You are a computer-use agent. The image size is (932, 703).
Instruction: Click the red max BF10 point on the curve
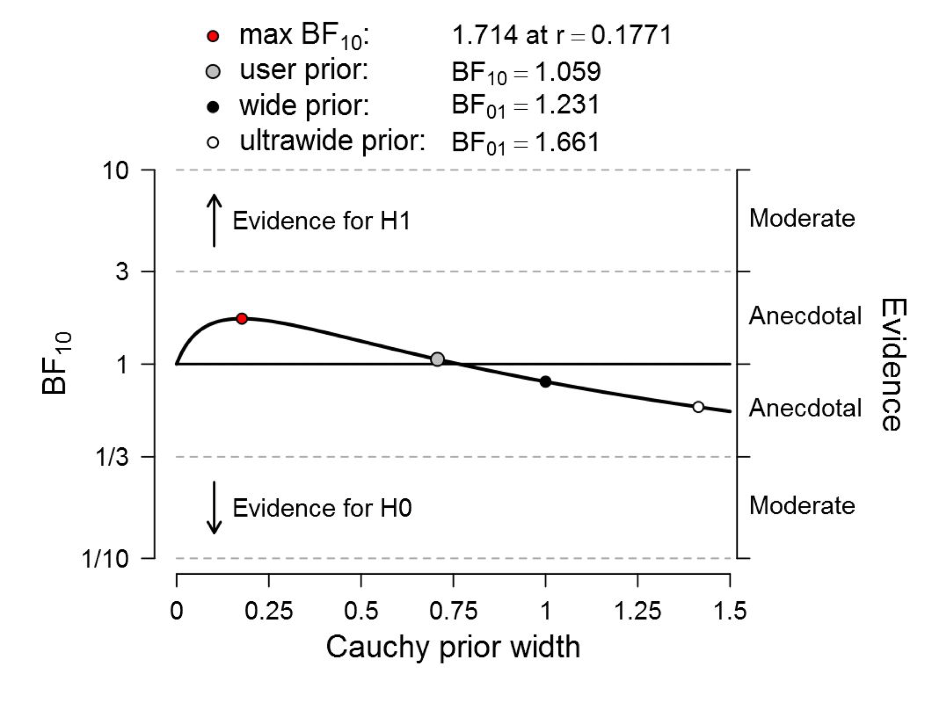[x=241, y=319]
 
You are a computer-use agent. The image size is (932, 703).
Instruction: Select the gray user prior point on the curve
[x=438, y=359]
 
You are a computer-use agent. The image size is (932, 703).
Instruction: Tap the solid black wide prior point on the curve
[x=545, y=382]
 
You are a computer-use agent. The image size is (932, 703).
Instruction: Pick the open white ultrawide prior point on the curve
[x=698, y=407]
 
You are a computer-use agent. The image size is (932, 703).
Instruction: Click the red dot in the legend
[x=214, y=36]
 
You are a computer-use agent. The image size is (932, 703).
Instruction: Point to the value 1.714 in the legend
[x=485, y=35]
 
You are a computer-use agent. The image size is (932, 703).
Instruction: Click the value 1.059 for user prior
[x=568, y=72]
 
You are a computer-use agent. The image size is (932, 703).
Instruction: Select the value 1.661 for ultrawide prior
[x=567, y=142]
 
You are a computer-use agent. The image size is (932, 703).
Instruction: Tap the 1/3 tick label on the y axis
[x=112, y=457]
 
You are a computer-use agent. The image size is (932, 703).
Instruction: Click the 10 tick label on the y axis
[x=115, y=171]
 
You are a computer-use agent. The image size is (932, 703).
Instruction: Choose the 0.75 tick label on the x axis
[x=453, y=611]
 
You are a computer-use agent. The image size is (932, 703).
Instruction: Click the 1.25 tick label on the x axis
[x=637, y=611]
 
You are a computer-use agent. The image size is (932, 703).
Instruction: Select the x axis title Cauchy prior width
[x=453, y=647]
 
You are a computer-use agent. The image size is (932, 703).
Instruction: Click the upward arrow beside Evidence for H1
[x=214, y=220]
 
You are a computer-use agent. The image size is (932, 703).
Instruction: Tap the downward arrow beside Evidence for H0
[x=214, y=508]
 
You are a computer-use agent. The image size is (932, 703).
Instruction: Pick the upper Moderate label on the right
[x=802, y=218]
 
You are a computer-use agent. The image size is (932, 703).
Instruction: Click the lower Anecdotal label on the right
[x=805, y=408]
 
